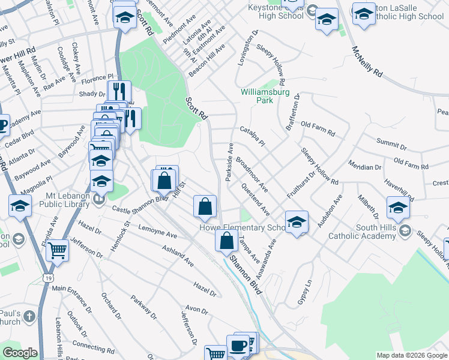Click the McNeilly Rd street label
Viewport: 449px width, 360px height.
[367, 61]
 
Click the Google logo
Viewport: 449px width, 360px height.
[19, 353]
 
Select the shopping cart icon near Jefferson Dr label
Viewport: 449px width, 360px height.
[58, 250]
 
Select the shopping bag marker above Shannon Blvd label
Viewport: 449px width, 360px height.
[226, 241]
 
